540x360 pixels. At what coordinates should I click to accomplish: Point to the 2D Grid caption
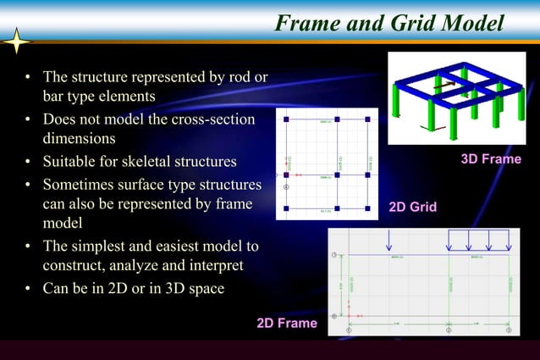coord(412,206)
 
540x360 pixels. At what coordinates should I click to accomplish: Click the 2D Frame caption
coord(286,323)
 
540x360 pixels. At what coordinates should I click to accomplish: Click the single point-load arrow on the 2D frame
coord(388,240)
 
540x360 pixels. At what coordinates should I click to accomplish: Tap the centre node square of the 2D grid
coord(337,174)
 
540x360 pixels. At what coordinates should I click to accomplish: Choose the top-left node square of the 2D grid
coord(286,119)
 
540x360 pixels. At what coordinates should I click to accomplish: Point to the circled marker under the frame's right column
coord(509,330)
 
